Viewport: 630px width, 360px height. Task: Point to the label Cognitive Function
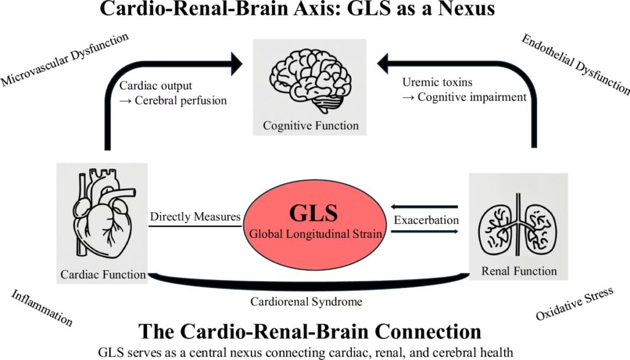(311, 126)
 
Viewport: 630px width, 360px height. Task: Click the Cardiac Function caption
(103, 274)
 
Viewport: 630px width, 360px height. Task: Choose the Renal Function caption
(519, 270)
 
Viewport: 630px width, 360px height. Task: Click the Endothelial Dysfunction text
(575, 65)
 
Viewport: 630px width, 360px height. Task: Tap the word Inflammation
(42, 308)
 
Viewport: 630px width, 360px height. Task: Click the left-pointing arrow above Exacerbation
(425, 207)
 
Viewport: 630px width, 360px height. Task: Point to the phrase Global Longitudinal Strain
(314, 234)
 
